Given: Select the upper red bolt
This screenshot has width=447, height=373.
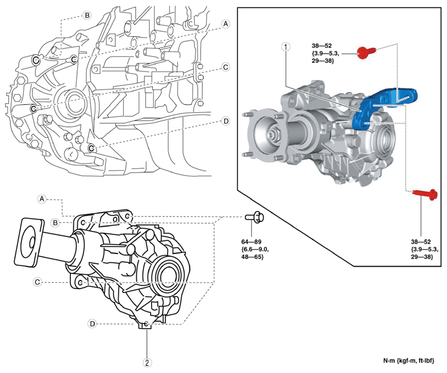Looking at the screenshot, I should (365, 53).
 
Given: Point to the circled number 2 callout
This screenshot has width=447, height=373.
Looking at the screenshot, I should (147, 362).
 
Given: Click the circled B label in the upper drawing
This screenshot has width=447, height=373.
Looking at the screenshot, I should (87, 15).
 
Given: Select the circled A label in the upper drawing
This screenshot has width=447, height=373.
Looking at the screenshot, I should (225, 24).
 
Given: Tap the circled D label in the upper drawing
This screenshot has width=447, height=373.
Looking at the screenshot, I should (225, 121).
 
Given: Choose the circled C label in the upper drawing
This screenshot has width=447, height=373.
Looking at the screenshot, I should (225, 67).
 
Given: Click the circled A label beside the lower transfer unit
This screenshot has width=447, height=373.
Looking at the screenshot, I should (41, 198).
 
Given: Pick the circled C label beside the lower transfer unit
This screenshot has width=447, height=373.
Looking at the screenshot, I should (37, 282).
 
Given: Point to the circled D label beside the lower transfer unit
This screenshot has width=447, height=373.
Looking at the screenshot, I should (92, 323).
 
